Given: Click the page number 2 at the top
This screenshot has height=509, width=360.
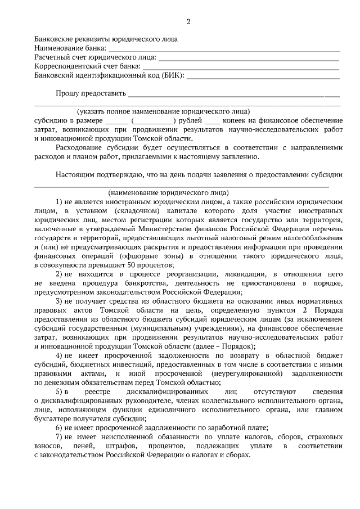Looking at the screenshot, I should [x=188, y=22].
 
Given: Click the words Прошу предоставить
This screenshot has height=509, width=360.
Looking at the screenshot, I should [x=91, y=93].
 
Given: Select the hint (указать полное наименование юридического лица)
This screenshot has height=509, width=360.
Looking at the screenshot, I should [x=164, y=111].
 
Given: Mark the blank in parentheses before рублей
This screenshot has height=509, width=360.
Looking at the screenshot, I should [x=153, y=121].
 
